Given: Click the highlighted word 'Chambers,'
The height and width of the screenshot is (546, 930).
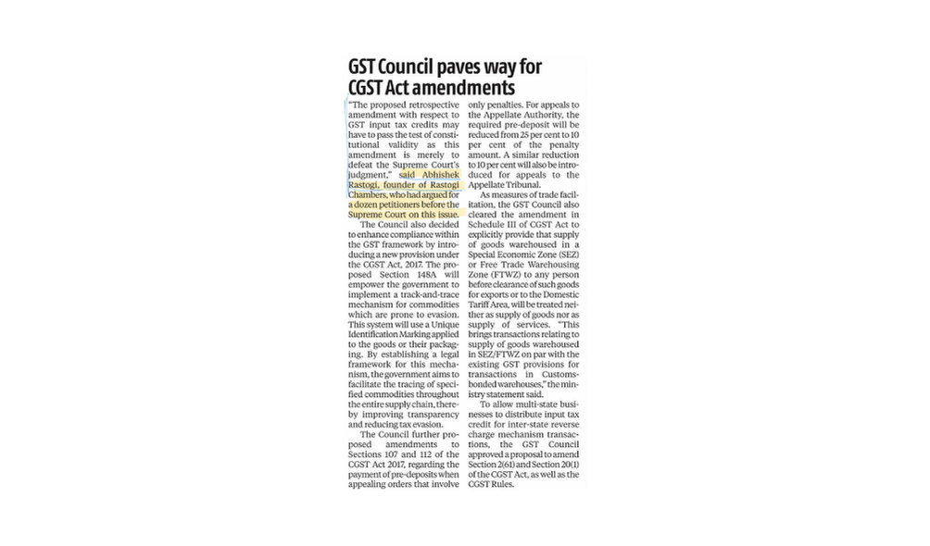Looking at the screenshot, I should (x=369, y=195).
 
